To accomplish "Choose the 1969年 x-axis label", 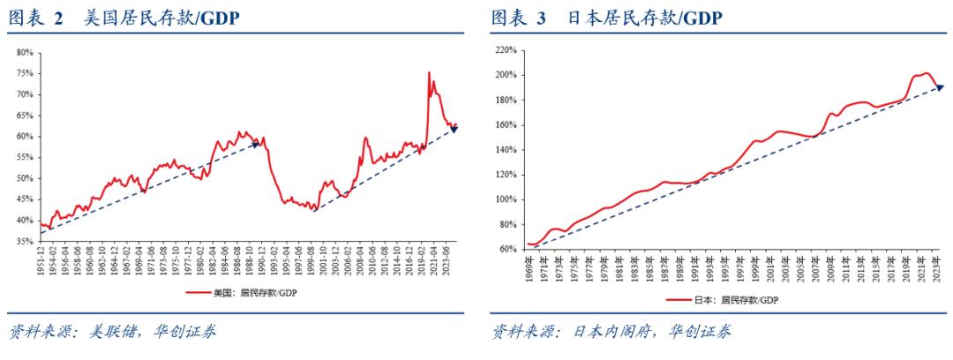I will pos(529,263).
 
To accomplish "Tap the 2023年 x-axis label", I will pos(936,263).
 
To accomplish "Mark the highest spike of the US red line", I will pos(429,72).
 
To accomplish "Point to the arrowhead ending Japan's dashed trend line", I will pos(940,86).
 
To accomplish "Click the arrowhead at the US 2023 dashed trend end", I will pos(454,130).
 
